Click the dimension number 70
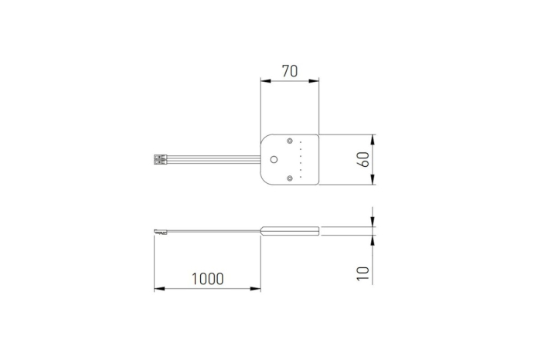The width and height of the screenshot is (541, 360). (289, 71)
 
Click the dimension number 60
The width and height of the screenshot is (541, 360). (363, 160)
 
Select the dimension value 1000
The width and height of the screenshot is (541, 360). (207, 278)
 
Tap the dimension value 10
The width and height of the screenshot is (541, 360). (363, 272)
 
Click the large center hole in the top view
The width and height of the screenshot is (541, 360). (274, 160)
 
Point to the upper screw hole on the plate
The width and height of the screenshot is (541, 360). (290, 142)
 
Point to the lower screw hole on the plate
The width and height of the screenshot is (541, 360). (290, 178)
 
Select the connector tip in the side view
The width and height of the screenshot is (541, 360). (160, 229)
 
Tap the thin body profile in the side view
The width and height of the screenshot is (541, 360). (290, 229)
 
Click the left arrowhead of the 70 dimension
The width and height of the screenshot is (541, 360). (264, 80)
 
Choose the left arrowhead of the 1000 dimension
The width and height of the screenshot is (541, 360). (158, 289)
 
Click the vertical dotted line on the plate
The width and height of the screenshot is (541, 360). (301, 160)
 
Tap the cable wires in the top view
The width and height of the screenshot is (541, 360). (213, 160)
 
